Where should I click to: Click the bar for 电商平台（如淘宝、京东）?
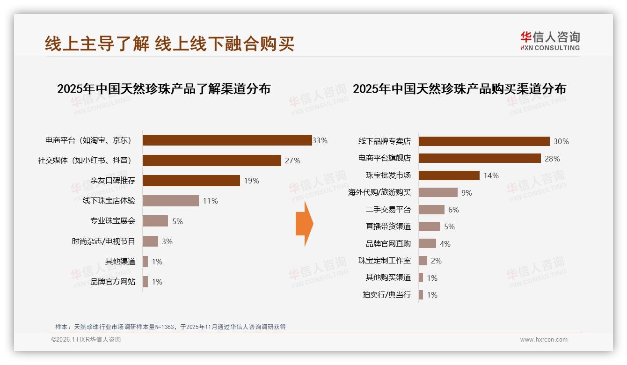click(x=227, y=140)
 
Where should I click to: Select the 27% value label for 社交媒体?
click(x=292, y=161)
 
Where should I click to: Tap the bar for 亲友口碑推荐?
click(x=191, y=181)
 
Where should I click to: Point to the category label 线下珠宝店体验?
click(x=109, y=201)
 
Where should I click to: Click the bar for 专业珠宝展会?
click(x=155, y=221)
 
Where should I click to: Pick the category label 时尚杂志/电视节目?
click(x=103, y=241)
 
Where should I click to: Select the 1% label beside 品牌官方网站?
click(x=157, y=282)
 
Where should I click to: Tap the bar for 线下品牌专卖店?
click(x=484, y=141)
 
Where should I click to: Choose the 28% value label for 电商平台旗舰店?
click(x=552, y=159)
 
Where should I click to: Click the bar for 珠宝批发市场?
click(x=449, y=175)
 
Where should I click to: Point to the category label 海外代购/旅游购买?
click(x=379, y=192)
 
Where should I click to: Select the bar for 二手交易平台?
click(x=431, y=210)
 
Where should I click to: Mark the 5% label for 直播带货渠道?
click(x=449, y=226)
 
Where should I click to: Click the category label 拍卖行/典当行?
click(x=386, y=295)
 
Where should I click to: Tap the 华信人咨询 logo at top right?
click(x=550, y=41)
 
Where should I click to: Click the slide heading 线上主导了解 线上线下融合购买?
click(x=169, y=44)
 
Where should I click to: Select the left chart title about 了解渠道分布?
click(x=164, y=89)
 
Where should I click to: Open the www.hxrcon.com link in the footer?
click(x=544, y=340)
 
